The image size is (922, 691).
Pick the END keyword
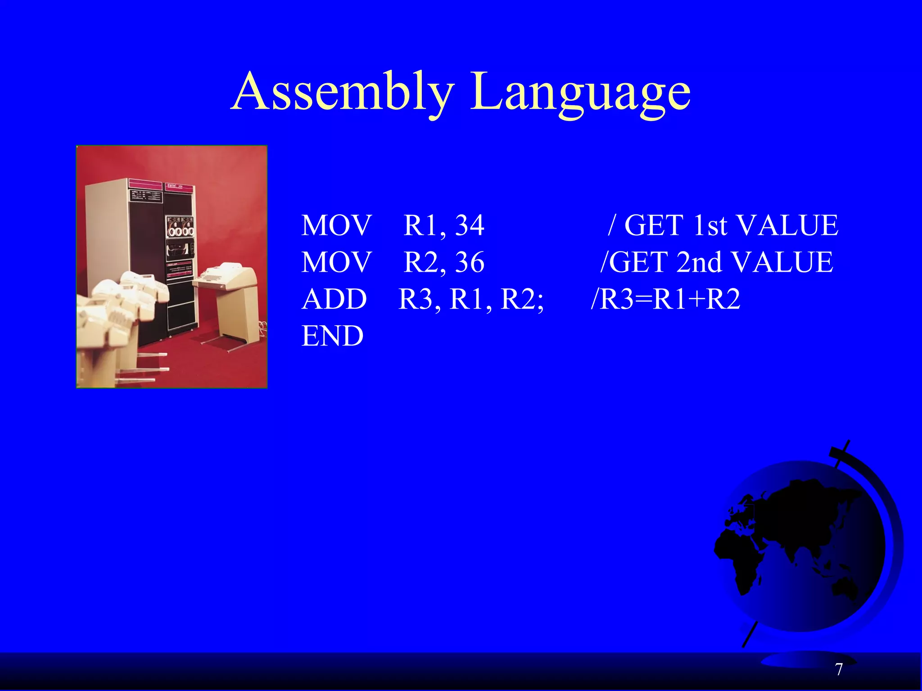332,336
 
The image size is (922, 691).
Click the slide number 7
839,670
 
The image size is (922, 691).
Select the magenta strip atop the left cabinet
145,185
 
